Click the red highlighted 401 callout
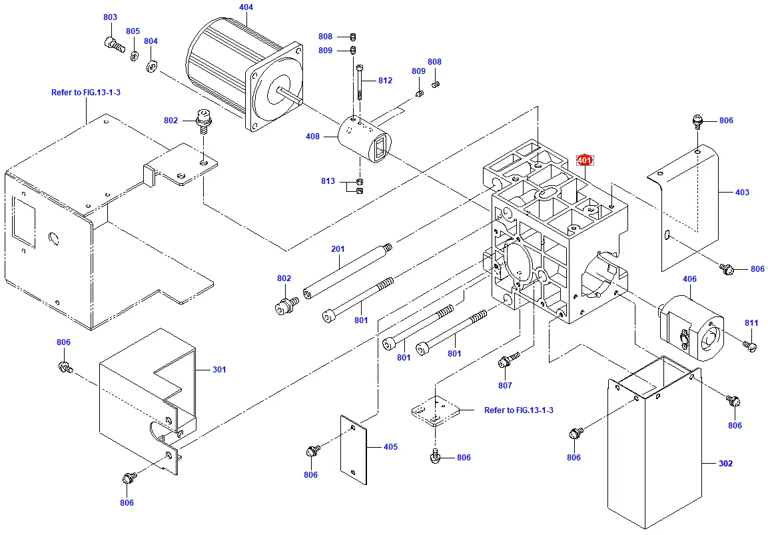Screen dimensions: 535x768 click(584, 161)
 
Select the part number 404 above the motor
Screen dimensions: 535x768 click(246, 7)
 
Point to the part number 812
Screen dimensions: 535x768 click(385, 81)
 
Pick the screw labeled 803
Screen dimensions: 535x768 click(114, 45)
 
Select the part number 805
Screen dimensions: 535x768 click(133, 31)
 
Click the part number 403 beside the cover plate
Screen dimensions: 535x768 click(742, 193)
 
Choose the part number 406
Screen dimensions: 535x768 click(689, 279)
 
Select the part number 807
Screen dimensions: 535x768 click(505, 386)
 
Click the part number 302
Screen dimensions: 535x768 click(725, 463)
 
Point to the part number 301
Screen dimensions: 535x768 click(219, 369)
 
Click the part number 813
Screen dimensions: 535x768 click(328, 181)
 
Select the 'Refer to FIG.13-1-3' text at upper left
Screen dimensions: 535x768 click(86, 93)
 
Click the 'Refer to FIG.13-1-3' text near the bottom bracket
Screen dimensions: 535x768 click(519, 410)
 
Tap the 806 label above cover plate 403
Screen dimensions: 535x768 click(726, 121)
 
